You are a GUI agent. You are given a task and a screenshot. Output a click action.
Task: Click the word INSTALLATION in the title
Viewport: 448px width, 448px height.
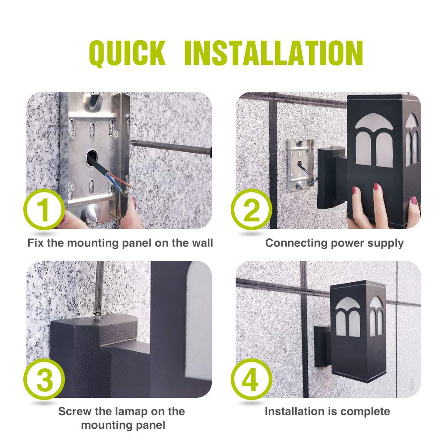273,53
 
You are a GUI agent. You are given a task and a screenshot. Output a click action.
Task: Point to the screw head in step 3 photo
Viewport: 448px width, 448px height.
97,315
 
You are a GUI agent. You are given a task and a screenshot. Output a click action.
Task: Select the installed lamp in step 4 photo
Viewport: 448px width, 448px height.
354,332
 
